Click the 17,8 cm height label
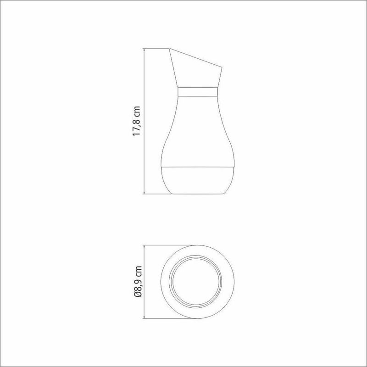[x=136, y=121]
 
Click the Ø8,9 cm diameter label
[x=138, y=282]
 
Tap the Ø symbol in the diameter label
[x=138, y=295]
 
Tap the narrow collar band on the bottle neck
[x=198, y=92]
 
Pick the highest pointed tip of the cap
[x=169, y=49]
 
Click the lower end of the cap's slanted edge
[x=222, y=68]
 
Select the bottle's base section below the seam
[x=198, y=180]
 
